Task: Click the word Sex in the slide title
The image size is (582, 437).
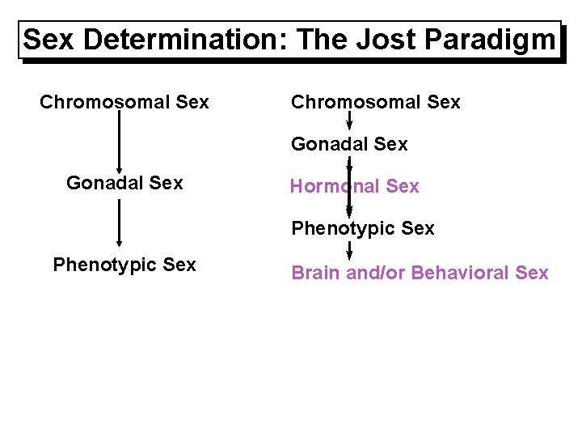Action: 50,40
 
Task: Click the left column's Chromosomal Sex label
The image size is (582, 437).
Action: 124,102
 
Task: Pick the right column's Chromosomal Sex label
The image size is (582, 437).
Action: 375,102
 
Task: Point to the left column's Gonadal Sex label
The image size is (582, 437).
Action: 124,183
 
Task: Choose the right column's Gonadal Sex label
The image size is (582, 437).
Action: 349,144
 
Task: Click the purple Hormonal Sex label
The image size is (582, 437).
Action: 354,187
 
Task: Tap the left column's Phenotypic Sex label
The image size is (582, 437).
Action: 124,265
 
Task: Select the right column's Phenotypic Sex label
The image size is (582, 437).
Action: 362,229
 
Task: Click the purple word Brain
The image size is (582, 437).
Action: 315,273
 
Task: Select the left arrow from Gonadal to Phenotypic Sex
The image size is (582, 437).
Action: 120,222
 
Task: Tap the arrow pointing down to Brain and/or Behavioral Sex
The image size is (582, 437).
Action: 349,250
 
